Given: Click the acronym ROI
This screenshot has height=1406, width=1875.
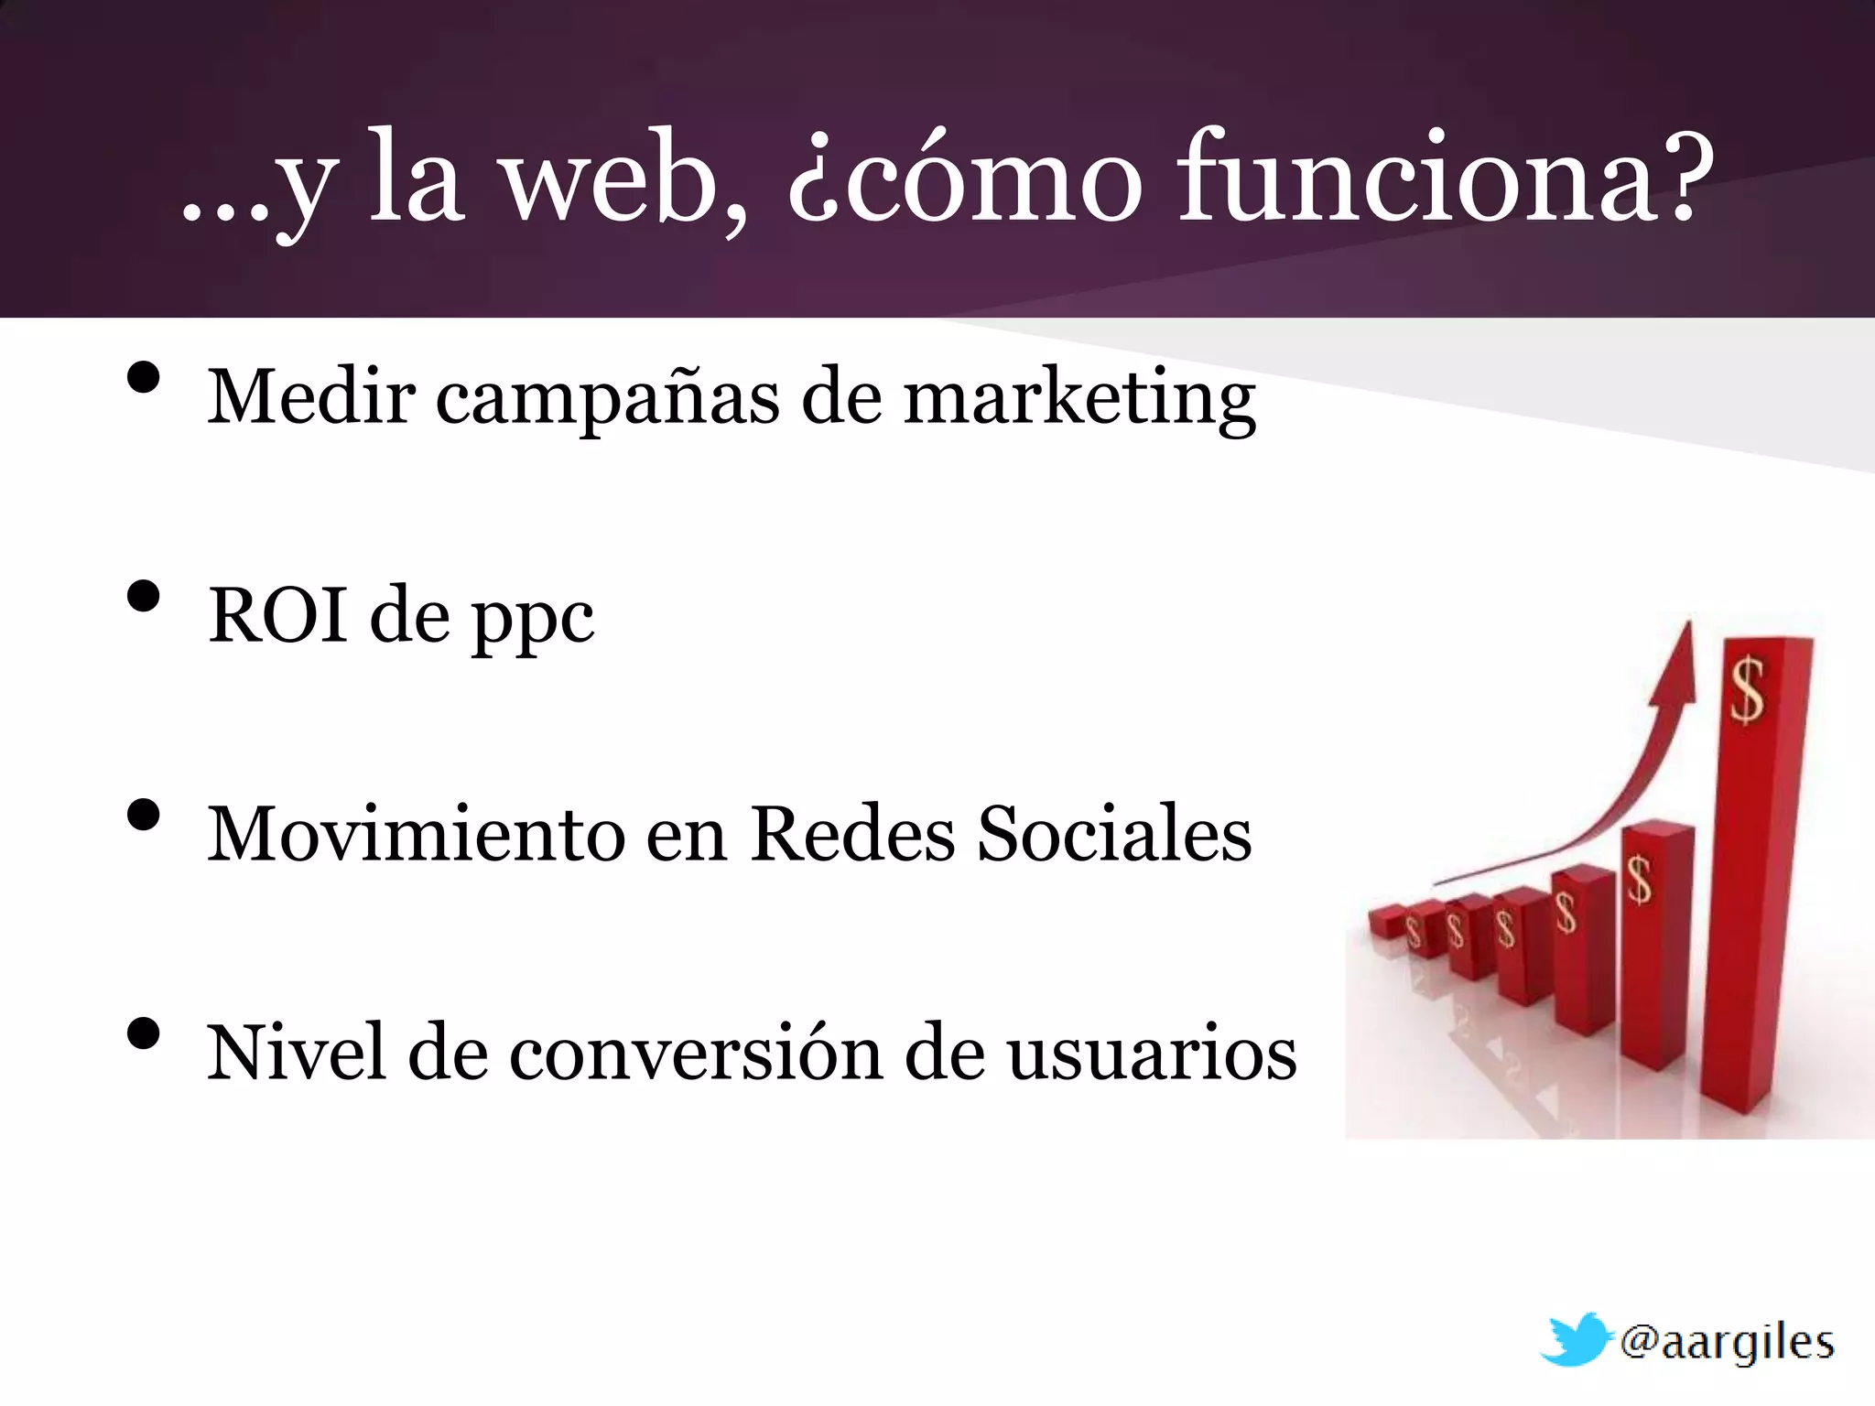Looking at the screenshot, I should [x=278, y=615].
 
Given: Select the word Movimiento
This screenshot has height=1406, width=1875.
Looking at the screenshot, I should [x=416, y=834].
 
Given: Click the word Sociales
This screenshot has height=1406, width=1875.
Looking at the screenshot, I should [x=1114, y=834].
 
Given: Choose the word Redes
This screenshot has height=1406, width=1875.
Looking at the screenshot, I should [x=852, y=834].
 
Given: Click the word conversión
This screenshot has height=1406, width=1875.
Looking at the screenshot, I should [x=697, y=1053].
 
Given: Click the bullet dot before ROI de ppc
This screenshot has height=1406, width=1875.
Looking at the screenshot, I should [x=144, y=596].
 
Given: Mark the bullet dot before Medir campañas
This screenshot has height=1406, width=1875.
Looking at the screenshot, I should [x=144, y=377].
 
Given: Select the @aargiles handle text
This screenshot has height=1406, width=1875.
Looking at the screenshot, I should [x=1727, y=1343].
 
